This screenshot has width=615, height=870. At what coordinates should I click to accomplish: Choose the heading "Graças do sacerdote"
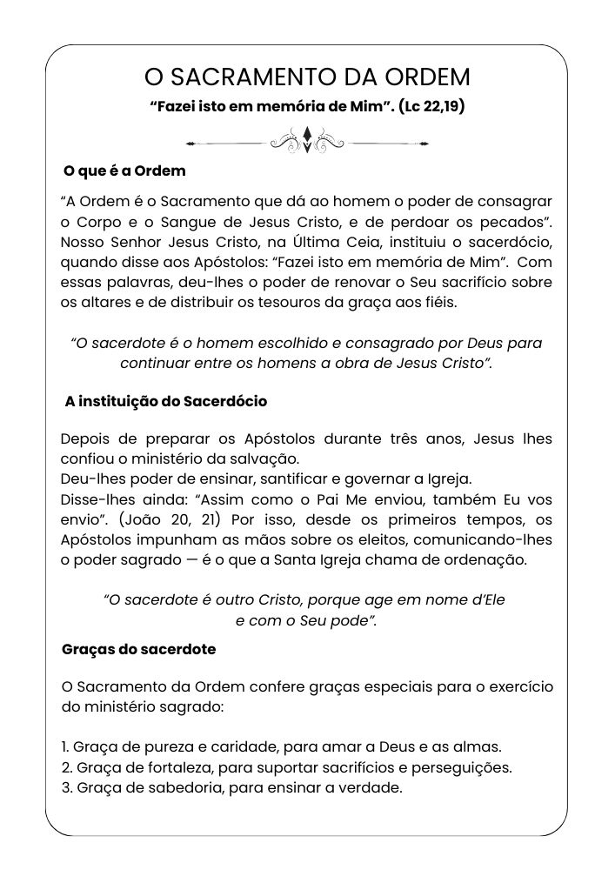(x=139, y=649)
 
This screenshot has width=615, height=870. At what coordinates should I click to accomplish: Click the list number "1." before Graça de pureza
(x=66, y=747)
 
